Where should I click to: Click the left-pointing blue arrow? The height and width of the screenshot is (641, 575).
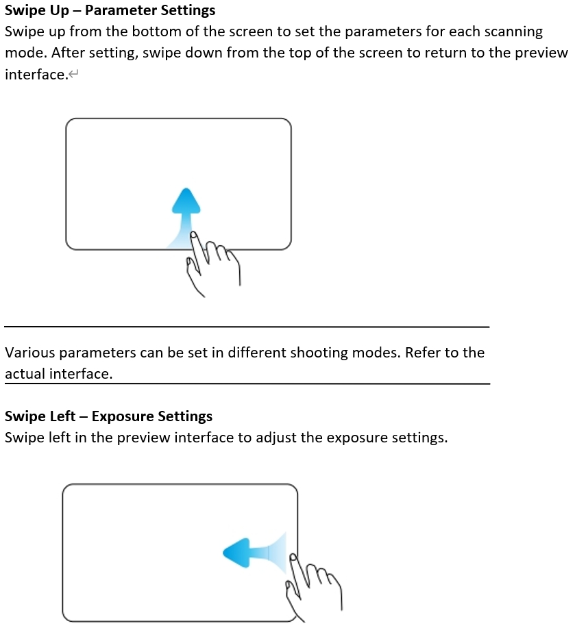pos(254,553)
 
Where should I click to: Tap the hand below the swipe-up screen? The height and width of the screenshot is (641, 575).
pos(212,263)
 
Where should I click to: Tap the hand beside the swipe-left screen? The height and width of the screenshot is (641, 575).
pos(313,587)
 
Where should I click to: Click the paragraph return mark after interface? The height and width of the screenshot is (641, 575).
pos(73,75)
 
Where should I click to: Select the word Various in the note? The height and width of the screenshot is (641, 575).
pos(29,353)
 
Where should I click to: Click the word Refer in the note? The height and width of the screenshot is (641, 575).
pos(418,353)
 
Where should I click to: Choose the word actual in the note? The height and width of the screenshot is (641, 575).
pos(25,374)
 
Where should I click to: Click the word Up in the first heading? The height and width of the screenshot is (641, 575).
pos(60,11)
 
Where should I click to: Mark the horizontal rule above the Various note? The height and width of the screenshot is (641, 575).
pos(247,327)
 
